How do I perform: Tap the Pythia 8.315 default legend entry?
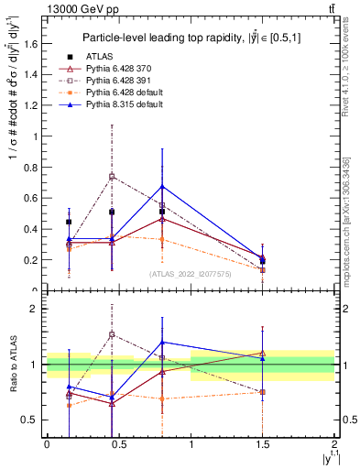pyautogui.click(x=120, y=104)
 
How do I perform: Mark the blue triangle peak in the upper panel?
pyautogui.click(x=162, y=187)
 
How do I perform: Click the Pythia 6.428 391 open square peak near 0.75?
pyautogui.click(x=112, y=176)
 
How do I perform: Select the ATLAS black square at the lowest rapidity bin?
pyautogui.click(x=70, y=222)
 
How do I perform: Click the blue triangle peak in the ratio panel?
pyautogui.click(x=162, y=342)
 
